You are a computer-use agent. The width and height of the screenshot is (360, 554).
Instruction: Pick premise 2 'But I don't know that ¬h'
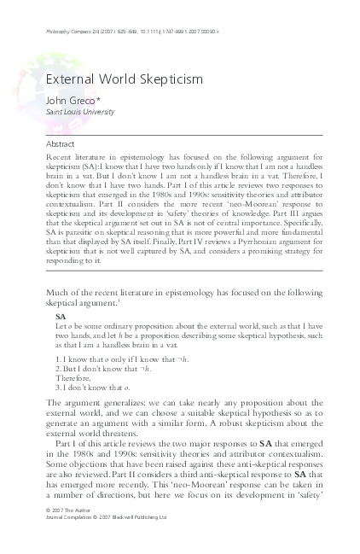[102, 370]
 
